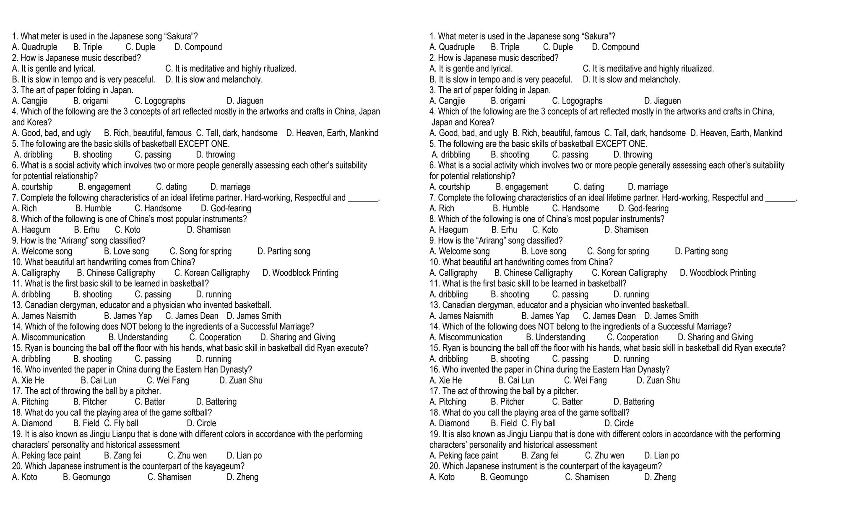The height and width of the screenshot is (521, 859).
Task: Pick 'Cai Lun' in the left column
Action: tap(99, 380)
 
